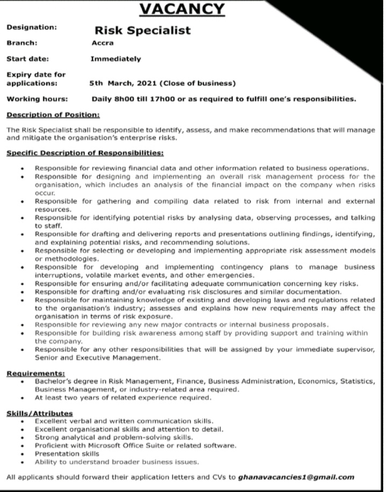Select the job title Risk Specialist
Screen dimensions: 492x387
point(142,30)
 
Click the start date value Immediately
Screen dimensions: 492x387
point(116,59)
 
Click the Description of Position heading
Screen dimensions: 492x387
point(53,115)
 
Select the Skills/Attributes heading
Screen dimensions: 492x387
point(40,412)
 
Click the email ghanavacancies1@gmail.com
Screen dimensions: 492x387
point(296,476)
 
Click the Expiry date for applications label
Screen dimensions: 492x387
point(35,80)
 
